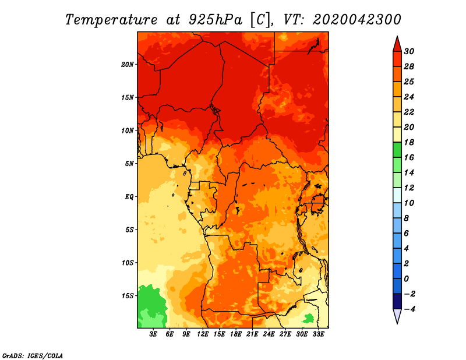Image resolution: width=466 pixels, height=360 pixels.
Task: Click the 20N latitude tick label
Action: click(x=128, y=64)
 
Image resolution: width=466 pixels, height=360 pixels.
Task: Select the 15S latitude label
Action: click(x=128, y=296)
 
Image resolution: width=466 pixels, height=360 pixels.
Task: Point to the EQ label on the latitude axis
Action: click(x=129, y=196)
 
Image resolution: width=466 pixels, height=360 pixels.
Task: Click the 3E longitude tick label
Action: click(x=154, y=334)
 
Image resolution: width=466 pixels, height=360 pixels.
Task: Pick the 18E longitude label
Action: click(x=236, y=334)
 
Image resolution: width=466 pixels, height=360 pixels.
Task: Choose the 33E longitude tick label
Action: click(x=318, y=334)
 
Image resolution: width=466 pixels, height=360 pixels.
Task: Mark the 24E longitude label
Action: click(x=269, y=334)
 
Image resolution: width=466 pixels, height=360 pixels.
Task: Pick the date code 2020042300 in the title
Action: click(x=357, y=19)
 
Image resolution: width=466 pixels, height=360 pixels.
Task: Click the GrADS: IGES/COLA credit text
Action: click(x=33, y=355)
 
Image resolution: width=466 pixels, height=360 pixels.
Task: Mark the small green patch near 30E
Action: click(x=308, y=318)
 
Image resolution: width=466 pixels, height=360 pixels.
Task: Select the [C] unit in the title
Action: click(x=260, y=19)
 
